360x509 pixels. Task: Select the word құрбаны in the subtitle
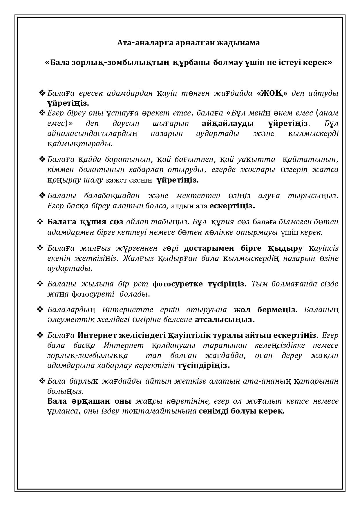point(191,63)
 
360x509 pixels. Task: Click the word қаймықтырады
point(80,144)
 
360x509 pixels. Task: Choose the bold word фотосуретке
point(177,284)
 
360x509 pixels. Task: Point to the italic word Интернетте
point(127,310)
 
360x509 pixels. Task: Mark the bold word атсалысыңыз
point(225,320)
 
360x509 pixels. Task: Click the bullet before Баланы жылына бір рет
point(40,284)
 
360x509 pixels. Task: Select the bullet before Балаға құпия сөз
point(40,222)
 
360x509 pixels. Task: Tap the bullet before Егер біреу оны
point(42,113)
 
